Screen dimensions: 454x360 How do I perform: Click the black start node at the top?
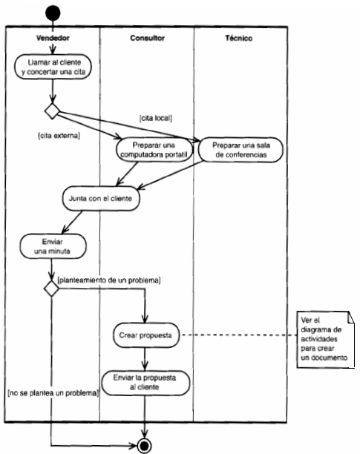[x=51, y=13]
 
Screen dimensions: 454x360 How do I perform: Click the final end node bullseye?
[x=145, y=444]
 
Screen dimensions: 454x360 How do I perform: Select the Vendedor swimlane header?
[x=51, y=37]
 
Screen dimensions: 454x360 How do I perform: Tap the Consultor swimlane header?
[x=147, y=37]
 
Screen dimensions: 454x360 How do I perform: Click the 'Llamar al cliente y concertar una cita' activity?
[x=52, y=66]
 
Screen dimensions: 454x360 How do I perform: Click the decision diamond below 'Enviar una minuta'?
[x=51, y=288]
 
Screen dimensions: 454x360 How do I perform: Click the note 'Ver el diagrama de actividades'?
[x=327, y=338]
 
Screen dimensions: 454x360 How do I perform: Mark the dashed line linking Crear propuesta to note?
[x=238, y=335]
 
